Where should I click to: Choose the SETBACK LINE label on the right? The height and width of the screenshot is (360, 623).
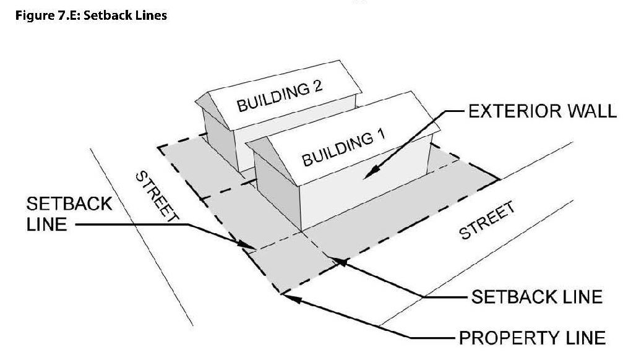pyautogui.click(x=537, y=296)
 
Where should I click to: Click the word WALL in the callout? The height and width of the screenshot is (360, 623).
pyautogui.click(x=591, y=113)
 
